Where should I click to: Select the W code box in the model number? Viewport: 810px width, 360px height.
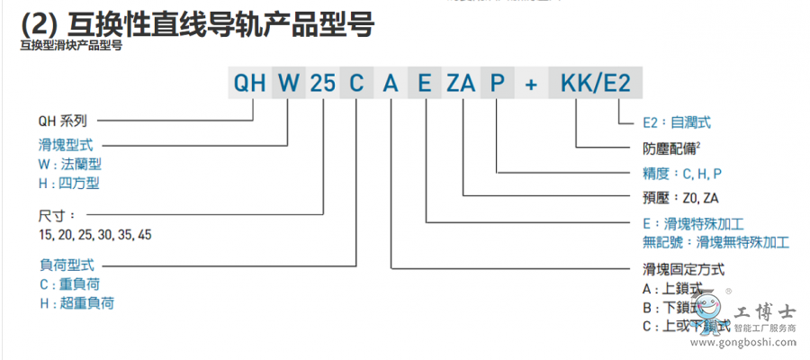coord(288,84)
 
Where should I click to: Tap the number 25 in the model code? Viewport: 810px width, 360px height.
coord(323,84)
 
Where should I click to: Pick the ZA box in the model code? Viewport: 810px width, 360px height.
coord(462,84)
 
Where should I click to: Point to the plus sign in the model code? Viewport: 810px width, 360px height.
coord(531,84)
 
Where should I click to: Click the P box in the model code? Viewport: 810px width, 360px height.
coord(497,84)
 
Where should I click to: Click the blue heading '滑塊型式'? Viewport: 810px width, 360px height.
coord(66,144)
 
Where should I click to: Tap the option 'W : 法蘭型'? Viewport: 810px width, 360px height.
coord(70,164)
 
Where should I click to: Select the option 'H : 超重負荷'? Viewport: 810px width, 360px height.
coord(76,303)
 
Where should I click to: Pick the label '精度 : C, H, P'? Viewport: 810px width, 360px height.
coord(682,172)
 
